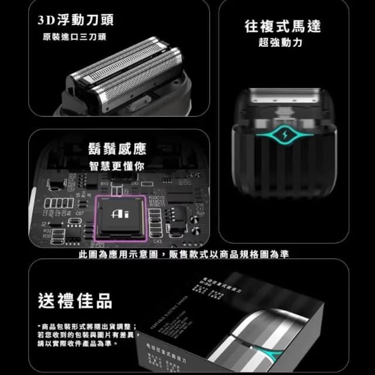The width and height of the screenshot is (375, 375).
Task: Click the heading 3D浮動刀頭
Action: pyautogui.click(x=76, y=19)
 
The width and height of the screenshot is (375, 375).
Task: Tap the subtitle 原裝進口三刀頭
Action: pyautogui.click(x=74, y=37)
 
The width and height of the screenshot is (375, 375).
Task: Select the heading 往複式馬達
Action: pyautogui.click(x=282, y=26)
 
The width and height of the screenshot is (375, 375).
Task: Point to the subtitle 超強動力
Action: pyautogui.click(x=282, y=43)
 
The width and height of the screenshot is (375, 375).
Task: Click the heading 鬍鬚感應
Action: pyautogui.click(x=117, y=148)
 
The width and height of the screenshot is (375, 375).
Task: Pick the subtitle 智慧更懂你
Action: pyautogui.click(x=117, y=166)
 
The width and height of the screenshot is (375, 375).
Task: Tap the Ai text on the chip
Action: pyautogui.click(x=120, y=216)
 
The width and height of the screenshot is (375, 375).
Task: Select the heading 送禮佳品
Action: pyautogui.click(x=74, y=301)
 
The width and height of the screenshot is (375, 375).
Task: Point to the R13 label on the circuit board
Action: pyautogui.click(x=105, y=184)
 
